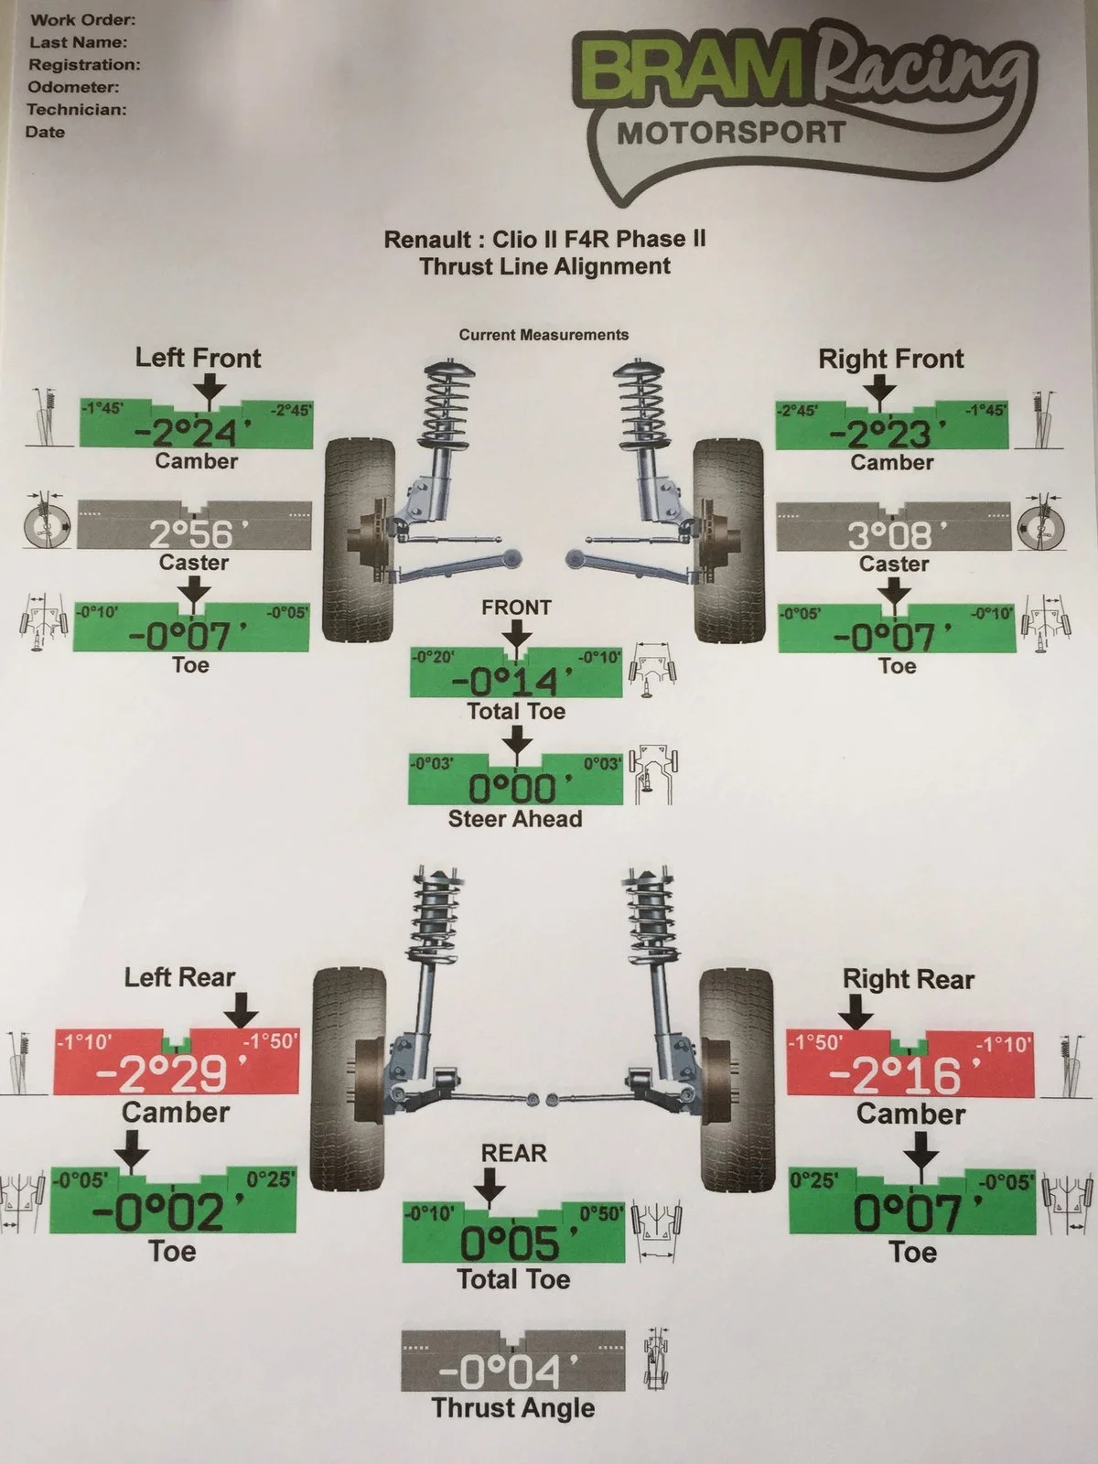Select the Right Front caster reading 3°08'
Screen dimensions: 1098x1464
tap(898, 535)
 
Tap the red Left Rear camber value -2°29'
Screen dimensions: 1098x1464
tap(171, 1074)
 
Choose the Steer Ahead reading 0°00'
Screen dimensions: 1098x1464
tap(520, 789)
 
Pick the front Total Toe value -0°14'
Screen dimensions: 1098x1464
tap(512, 682)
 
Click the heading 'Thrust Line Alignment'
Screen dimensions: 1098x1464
tap(545, 266)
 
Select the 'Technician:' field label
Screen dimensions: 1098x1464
tap(77, 110)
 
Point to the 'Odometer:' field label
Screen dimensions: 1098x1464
tap(73, 87)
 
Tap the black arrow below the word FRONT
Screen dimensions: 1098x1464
tap(516, 633)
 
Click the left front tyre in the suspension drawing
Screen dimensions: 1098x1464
tap(359, 540)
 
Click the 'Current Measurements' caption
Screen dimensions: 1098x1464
tap(544, 335)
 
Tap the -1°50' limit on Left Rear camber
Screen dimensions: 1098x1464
tap(270, 1040)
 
